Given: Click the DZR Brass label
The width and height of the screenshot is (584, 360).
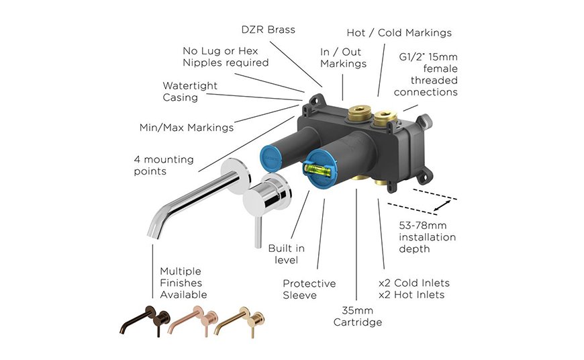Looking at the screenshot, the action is pyautogui.click(x=268, y=30).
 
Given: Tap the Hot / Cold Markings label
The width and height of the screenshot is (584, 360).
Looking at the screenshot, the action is pyautogui.click(x=399, y=33).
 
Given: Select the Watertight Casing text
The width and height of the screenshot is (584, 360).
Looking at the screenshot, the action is pyautogui.click(x=190, y=91).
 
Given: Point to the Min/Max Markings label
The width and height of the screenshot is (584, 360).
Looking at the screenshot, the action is pyautogui.click(x=187, y=128).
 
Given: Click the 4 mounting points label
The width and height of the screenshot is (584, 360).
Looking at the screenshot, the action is pyautogui.click(x=164, y=165).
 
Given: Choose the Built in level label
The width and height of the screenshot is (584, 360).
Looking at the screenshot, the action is pyautogui.click(x=287, y=254).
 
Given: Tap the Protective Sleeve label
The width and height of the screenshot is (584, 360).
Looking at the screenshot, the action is pyautogui.click(x=309, y=289).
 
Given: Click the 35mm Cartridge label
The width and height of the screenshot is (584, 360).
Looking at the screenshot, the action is pyautogui.click(x=358, y=316).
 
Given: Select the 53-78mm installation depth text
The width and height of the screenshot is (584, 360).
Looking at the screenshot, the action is pyautogui.click(x=427, y=237).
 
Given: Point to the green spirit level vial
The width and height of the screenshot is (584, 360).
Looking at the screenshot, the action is pyautogui.click(x=318, y=170).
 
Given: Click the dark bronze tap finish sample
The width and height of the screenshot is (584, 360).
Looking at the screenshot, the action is pyautogui.click(x=145, y=320).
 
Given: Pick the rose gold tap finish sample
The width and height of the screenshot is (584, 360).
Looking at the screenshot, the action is pyautogui.click(x=193, y=321).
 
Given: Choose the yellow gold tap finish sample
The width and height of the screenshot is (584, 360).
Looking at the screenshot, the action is pyautogui.click(x=240, y=322).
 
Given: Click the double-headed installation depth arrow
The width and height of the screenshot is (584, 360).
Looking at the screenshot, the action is pyautogui.click(x=442, y=206).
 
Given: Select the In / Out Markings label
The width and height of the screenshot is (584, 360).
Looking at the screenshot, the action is pyautogui.click(x=344, y=58).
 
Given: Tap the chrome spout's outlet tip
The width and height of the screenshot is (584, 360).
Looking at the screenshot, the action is pyautogui.click(x=154, y=235).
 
